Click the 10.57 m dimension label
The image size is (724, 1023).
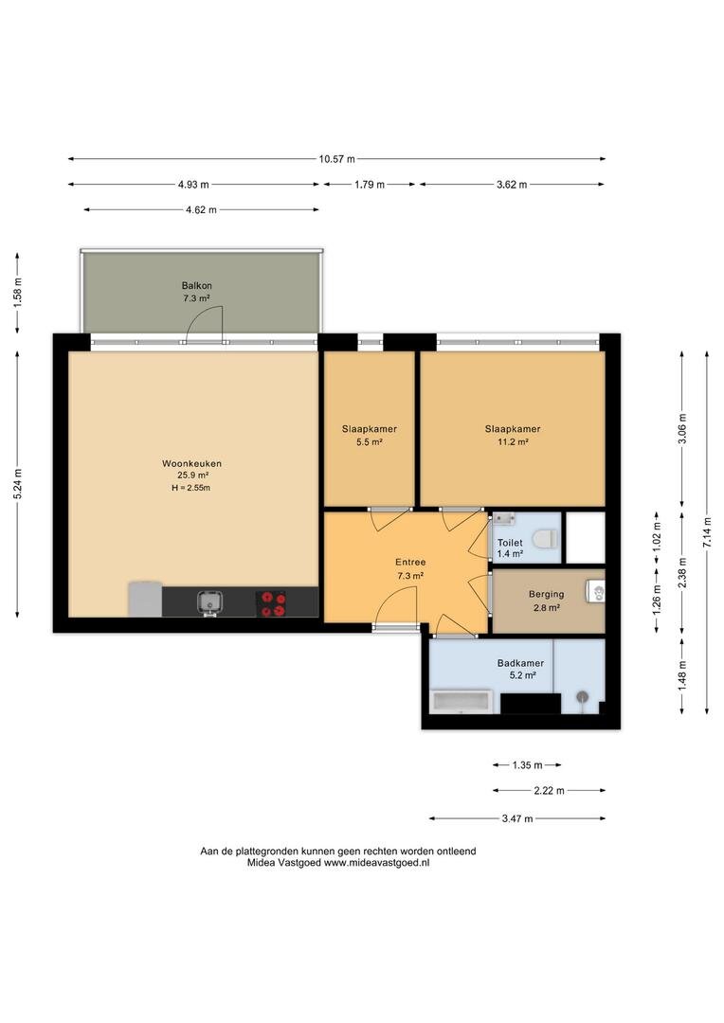tap(336, 158)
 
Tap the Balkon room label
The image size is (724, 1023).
tap(196, 286)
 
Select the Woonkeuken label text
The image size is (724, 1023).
tap(192, 463)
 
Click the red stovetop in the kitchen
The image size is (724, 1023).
tap(270, 603)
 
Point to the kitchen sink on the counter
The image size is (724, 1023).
tap(209, 602)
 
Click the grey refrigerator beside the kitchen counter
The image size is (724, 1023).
tap(145, 599)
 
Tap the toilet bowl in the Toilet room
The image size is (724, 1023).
tap(544, 539)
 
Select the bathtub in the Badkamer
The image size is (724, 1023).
tap(462, 702)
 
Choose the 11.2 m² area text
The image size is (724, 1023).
tap(513, 441)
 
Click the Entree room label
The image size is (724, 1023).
tap(410, 562)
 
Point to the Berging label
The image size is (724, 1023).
tap(547, 594)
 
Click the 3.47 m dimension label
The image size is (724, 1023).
tap(517, 818)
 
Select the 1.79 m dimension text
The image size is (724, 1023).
tap(370, 185)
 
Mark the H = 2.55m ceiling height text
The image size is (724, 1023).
tap(190, 488)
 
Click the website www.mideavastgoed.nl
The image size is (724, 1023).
tap(377, 863)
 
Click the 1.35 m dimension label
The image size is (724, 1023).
tap(527, 764)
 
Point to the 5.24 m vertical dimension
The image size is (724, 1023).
tap(18, 484)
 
